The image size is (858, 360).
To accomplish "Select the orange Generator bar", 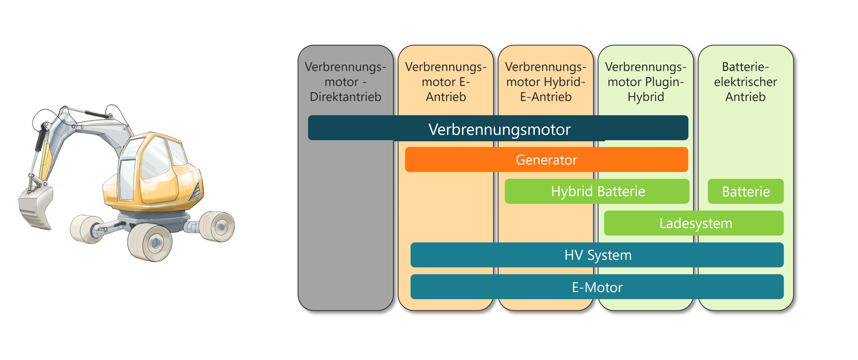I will [546, 160].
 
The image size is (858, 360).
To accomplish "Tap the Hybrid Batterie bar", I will [597, 192].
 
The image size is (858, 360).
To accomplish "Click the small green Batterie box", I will [745, 192].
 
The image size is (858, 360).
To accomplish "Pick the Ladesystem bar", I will [694, 223].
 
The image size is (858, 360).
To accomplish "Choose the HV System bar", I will [597, 255].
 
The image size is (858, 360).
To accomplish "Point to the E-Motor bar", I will [597, 287].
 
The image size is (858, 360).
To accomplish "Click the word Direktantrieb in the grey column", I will [346, 97].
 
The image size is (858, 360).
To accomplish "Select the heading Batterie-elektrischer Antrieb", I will [745, 82].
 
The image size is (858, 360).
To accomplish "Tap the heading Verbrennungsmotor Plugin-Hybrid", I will [645, 82].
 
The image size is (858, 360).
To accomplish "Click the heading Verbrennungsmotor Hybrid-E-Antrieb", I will [546, 82].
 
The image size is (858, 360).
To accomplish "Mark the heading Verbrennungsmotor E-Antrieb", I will [446, 82].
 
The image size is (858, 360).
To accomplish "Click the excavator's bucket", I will [36, 207].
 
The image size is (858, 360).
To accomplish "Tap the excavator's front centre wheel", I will [151, 242].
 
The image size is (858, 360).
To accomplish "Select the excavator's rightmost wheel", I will [218, 226].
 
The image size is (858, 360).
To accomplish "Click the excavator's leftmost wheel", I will [84, 229].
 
